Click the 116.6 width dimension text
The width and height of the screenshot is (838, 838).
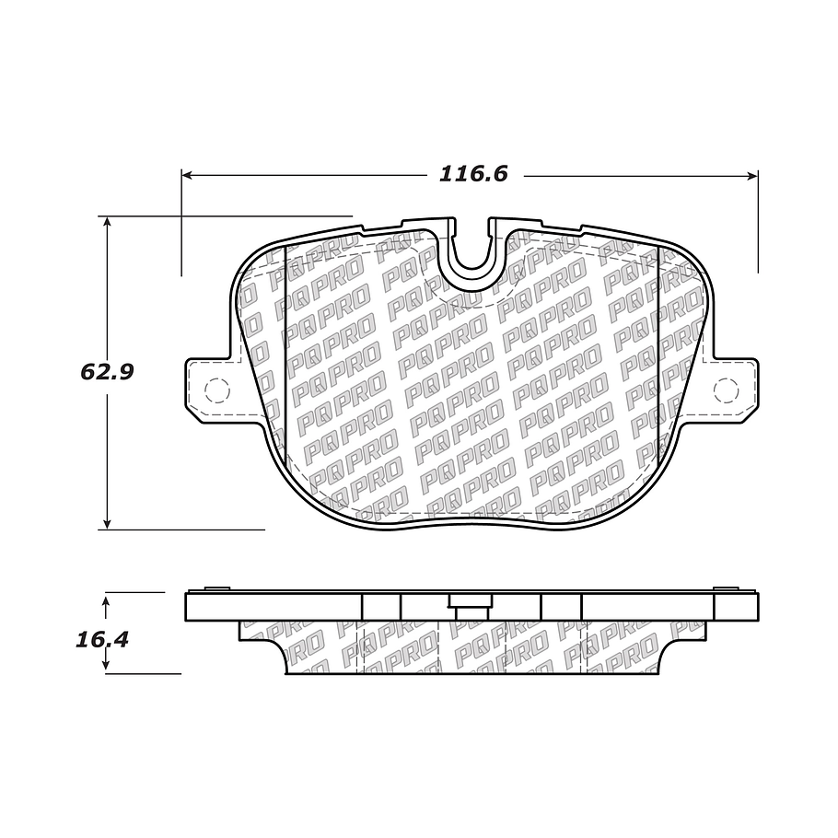click(x=472, y=174)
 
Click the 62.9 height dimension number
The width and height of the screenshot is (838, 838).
click(x=108, y=372)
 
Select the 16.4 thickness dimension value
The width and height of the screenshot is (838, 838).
click(x=100, y=638)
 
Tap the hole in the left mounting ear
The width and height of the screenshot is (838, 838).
click(x=215, y=390)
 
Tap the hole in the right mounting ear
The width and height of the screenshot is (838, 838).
click(x=726, y=391)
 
